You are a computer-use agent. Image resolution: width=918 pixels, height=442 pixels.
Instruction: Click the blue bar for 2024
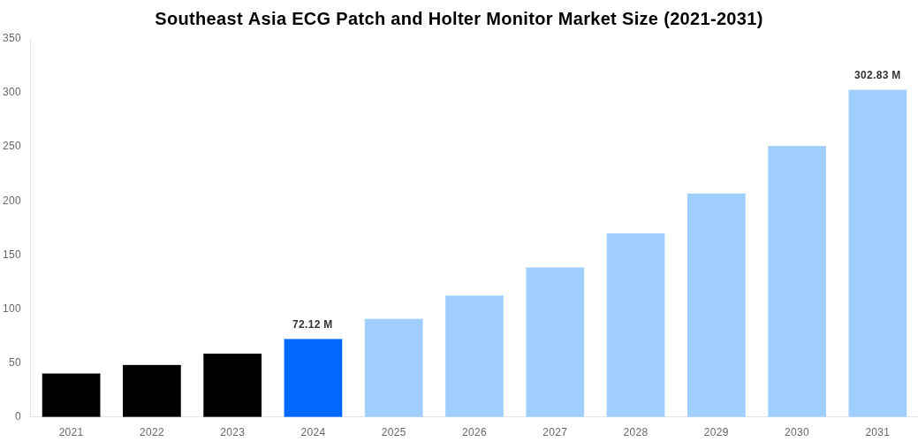pyautogui.click(x=313, y=377)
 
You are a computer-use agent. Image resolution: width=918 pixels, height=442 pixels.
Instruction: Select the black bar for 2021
pyautogui.click(x=71, y=395)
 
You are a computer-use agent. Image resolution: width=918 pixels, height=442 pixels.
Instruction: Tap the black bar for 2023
pyautogui.click(x=232, y=385)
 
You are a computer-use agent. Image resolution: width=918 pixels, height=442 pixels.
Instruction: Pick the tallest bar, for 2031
pyautogui.click(x=877, y=253)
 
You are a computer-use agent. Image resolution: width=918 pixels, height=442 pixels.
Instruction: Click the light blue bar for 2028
pyautogui.click(x=635, y=324)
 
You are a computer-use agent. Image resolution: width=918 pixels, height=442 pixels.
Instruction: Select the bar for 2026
pyautogui.click(x=474, y=355)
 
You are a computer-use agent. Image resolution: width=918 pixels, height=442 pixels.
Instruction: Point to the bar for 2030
pyautogui.click(x=797, y=281)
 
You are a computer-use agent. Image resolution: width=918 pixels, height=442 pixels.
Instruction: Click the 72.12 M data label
pyautogui.click(x=313, y=324)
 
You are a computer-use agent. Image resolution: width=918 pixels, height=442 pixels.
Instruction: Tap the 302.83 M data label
pyautogui.click(x=877, y=75)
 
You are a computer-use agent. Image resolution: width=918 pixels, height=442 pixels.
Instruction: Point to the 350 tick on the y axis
pyautogui.click(x=11, y=38)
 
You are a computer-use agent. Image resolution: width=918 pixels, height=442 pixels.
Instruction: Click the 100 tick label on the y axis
pyautogui.click(x=11, y=309)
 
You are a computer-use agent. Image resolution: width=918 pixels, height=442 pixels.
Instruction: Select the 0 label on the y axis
pyautogui.click(x=17, y=416)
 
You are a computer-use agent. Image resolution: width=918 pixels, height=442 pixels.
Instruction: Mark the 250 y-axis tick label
pyautogui.click(x=11, y=146)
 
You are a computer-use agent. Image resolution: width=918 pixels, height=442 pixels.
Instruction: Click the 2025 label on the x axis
pyautogui.click(x=393, y=432)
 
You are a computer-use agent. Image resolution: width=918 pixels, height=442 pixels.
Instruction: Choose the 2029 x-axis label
pyautogui.click(x=717, y=432)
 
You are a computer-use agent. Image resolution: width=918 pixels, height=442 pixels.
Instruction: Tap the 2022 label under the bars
pyautogui.click(x=152, y=432)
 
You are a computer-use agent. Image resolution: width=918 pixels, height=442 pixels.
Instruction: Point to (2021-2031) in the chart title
pyautogui.click(x=713, y=19)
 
